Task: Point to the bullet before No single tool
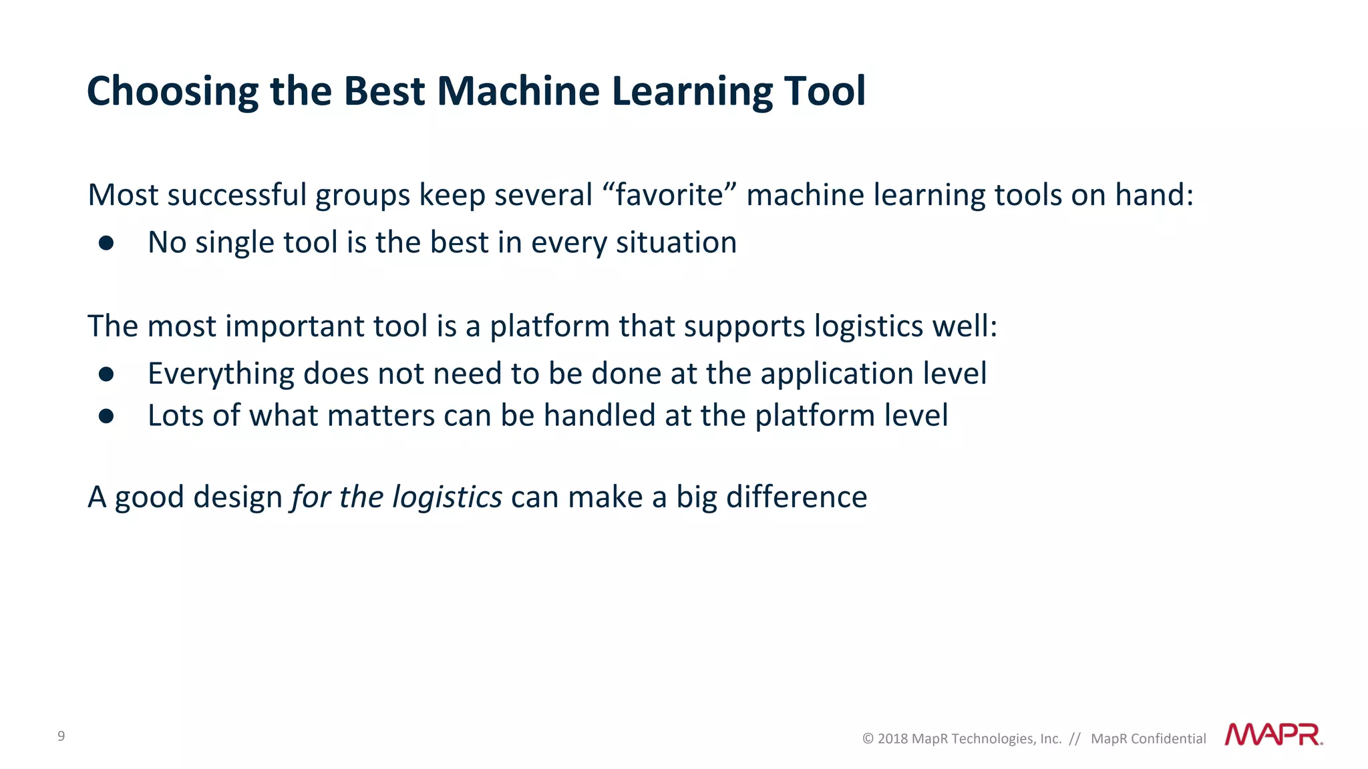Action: tap(106, 243)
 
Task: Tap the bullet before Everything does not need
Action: tap(106, 374)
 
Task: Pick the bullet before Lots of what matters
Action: tap(106, 417)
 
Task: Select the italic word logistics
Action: tap(447, 497)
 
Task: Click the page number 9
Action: tap(61, 736)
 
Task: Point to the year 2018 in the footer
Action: tap(892, 739)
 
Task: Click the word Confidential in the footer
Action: tap(1168, 739)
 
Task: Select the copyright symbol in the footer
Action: tap(868, 739)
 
